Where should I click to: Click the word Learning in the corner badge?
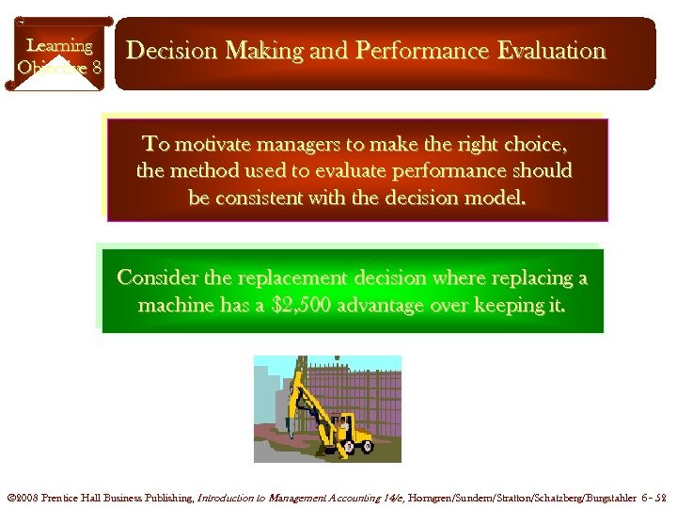coord(59,45)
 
